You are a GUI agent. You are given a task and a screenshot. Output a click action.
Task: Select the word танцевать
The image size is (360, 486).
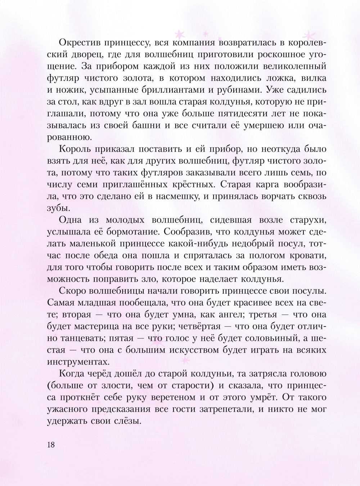tap(82, 338)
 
